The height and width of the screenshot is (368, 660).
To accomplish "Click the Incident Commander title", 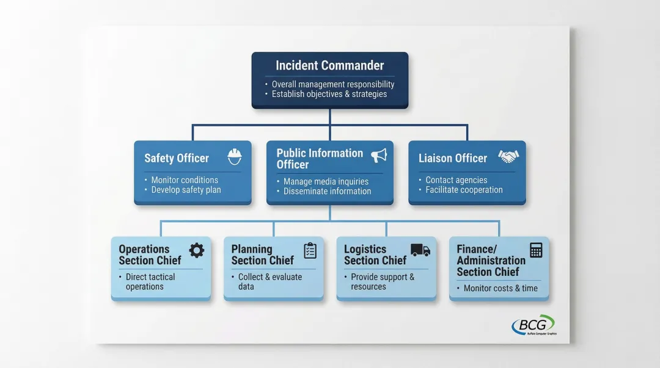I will pyautogui.click(x=329, y=65).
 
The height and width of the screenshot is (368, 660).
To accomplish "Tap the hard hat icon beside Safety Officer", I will pyautogui.click(x=235, y=157).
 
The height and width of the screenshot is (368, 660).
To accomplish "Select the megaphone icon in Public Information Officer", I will pyautogui.click(x=379, y=156).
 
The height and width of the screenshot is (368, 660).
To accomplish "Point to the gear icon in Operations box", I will pyautogui.click(x=196, y=250).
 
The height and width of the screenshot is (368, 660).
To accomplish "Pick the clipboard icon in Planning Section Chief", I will pyautogui.click(x=310, y=250).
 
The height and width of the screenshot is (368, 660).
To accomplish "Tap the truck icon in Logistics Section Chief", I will pyautogui.click(x=420, y=250).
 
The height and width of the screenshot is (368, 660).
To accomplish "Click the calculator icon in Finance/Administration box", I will pyautogui.click(x=536, y=250).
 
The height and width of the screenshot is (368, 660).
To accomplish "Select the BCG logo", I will pyautogui.click(x=533, y=325).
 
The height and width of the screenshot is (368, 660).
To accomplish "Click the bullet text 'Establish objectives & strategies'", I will pyautogui.click(x=329, y=94).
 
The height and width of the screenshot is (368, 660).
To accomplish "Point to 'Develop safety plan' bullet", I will pyautogui.click(x=186, y=190).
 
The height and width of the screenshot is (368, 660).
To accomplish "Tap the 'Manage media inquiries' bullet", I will pyautogui.click(x=326, y=181).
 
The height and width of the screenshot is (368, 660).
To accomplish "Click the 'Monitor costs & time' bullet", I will pyautogui.click(x=501, y=288).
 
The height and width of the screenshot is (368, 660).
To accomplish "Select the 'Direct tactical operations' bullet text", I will pyautogui.click(x=150, y=282).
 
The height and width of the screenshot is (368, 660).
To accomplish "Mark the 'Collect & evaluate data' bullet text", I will pyautogui.click(x=269, y=282).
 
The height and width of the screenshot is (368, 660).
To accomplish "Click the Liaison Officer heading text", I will pyautogui.click(x=453, y=158).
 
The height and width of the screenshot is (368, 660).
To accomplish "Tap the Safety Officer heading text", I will pyautogui.click(x=177, y=158).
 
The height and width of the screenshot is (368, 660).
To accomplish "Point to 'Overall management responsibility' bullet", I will pyautogui.click(x=333, y=84).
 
